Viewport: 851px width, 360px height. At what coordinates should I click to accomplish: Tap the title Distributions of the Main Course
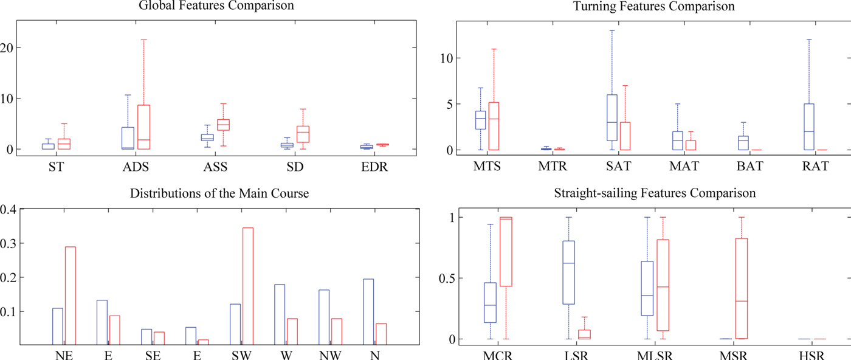click(x=219, y=195)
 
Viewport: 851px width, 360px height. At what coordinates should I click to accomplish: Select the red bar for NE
click(x=70, y=296)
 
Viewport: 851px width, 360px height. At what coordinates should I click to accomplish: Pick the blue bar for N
click(x=368, y=312)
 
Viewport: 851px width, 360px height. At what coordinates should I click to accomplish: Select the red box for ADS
click(x=143, y=127)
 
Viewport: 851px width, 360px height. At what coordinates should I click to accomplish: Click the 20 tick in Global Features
click(x=6, y=47)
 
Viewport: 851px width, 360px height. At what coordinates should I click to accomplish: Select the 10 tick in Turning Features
click(x=443, y=58)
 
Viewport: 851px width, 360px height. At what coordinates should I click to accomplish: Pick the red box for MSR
click(x=740, y=288)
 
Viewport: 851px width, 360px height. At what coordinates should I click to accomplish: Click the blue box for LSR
click(x=568, y=272)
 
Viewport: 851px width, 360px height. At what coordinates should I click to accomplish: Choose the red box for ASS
click(x=223, y=125)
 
